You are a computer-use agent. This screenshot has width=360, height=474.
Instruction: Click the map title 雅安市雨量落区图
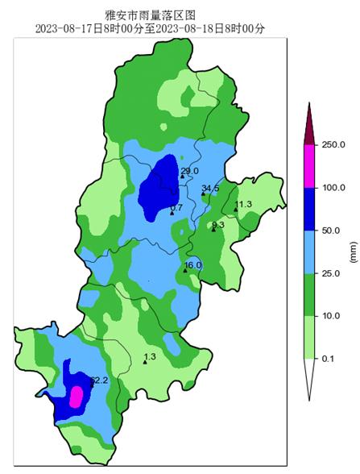[150, 15]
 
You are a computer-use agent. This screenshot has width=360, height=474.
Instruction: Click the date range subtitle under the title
[150, 29]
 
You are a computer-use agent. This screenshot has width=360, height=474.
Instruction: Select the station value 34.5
[210, 189]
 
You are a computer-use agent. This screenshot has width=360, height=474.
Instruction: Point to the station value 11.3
[243, 205]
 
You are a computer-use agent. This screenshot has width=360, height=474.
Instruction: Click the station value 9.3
[217, 225]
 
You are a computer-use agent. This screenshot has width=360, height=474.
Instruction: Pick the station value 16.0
[193, 265]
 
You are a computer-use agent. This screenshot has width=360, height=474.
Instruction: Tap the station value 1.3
[149, 356]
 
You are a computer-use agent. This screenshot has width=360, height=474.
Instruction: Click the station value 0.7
[177, 208]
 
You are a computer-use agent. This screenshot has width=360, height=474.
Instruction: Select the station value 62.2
[98, 380]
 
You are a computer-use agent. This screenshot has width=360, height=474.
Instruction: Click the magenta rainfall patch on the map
[77, 396]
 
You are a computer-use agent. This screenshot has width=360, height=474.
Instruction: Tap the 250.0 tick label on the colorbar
[332, 144]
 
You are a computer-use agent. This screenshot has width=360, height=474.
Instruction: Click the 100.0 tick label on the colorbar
[332, 187]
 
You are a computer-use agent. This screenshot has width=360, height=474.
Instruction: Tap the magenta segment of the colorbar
[309, 165]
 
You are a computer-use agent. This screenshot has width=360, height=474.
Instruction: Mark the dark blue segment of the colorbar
[309, 209]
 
